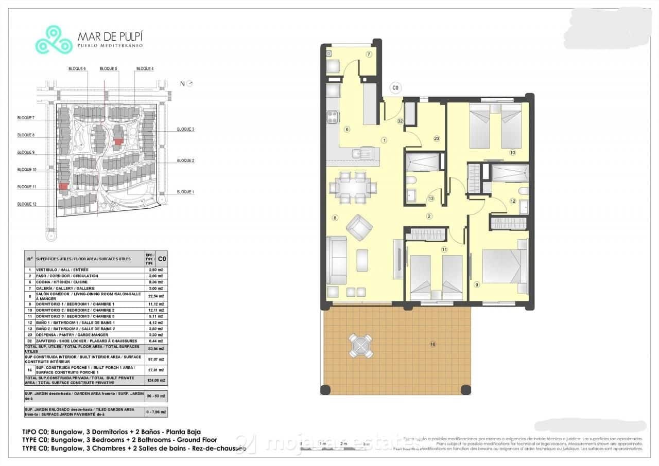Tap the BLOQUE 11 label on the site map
(27, 187)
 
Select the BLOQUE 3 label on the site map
(185, 129)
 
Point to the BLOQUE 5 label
(108, 68)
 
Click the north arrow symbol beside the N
(190, 83)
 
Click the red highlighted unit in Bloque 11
(63, 187)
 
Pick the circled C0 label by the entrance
(395, 88)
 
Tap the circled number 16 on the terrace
(433, 344)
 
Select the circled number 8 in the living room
(335, 218)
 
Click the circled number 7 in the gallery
(369, 55)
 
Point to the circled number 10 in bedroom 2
(513, 152)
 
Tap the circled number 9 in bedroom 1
(477, 284)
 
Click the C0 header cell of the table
(162, 259)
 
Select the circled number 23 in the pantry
(437, 138)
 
